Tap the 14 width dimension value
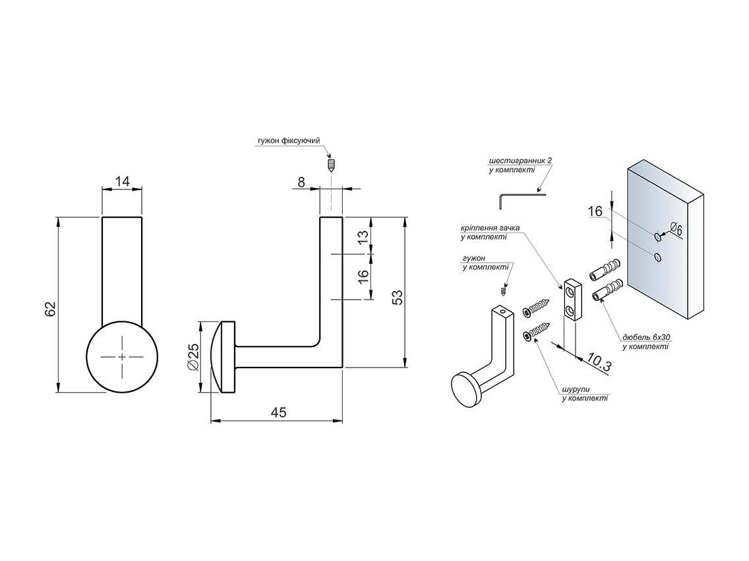tap(121, 180)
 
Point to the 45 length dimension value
tap(278, 412)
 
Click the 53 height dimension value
tap(396, 297)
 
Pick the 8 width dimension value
tap(302, 181)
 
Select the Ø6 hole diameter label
tap(675, 229)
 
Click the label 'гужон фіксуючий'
tap(289, 141)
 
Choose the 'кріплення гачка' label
tap(490, 228)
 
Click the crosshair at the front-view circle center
tap(122, 356)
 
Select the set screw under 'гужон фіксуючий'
tap(332, 163)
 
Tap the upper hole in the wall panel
tap(657, 235)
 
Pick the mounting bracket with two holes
tap(571, 300)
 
